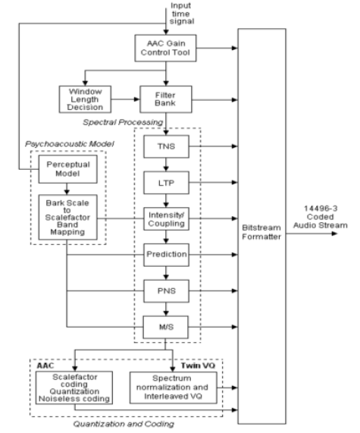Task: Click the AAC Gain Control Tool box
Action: pyautogui.click(x=165, y=48)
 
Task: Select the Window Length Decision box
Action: pyautogui.click(x=85, y=99)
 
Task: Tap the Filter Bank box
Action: pyautogui.click(x=166, y=99)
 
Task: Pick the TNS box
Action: pyautogui.click(x=166, y=146)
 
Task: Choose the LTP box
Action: pyautogui.click(x=166, y=183)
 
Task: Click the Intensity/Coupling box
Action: pyautogui.click(x=166, y=218)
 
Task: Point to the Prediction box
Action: pyautogui.click(x=166, y=255)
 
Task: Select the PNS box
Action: pyautogui.click(x=166, y=291)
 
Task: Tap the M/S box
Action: pyautogui.click(x=166, y=328)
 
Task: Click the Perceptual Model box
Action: pyautogui.click(x=67, y=169)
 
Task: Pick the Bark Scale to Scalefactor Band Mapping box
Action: pyautogui.click(x=67, y=217)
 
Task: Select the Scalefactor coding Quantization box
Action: pyautogui.click(x=74, y=388)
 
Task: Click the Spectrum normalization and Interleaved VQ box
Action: pyautogui.click(x=173, y=388)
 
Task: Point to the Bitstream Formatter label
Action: pyautogui.click(x=261, y=232)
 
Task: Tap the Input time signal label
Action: pyautogui.click(x=181, y=13)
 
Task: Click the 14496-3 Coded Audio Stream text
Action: pyautogui.click(x=321, y=217)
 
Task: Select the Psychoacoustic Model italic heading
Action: pyautogui.click(x=69, y=144)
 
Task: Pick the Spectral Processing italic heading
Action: pyautogui.click(x=123, y=122)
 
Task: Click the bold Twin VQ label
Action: pyautogui.click(x=198, y=366)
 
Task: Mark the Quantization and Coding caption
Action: pyautogui.click(x=124, y=424)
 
